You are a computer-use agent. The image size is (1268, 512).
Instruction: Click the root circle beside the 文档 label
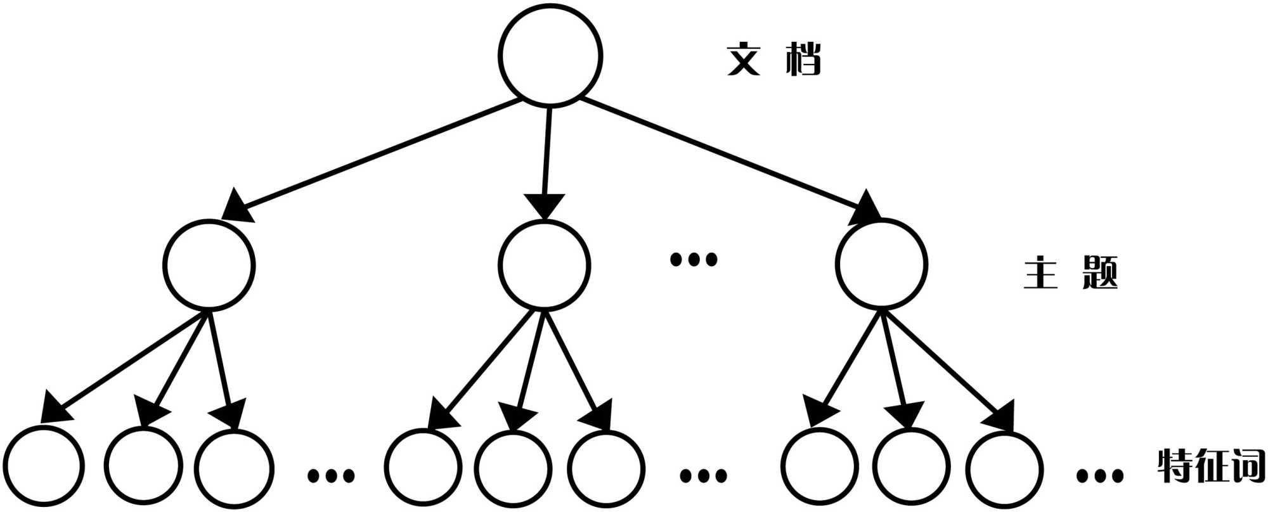pyautogui.click(x=550, y=54)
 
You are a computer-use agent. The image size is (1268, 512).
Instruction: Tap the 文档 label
pyautogui.click(x=773, y=60)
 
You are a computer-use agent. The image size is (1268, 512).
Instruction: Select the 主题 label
pyautogui.click(x=1071, y=273)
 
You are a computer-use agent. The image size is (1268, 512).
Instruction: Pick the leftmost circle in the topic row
pyautogui.click(x=209, y=264)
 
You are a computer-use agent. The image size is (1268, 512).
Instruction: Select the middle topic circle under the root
pyautogui.click(x=544, y=264)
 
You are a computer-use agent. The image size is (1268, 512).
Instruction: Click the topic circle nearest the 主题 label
pyautogui.click(x=881, y=264)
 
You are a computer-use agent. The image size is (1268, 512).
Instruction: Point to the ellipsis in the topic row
pyautogui.click(x=694, y=259)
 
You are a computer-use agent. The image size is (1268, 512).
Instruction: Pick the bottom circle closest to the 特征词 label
pyautogui.click(x=1005, y=470)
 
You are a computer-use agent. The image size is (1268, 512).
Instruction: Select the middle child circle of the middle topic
pyautogui.click(x=513, y=470)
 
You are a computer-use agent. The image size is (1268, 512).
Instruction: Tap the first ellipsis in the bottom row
pyautogui.click(x=330, y=475)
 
